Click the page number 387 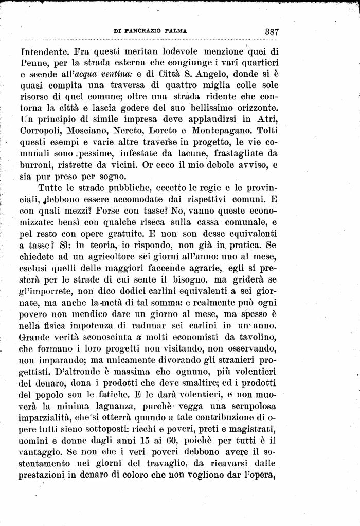(272, 31)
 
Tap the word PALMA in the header (175, 31)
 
